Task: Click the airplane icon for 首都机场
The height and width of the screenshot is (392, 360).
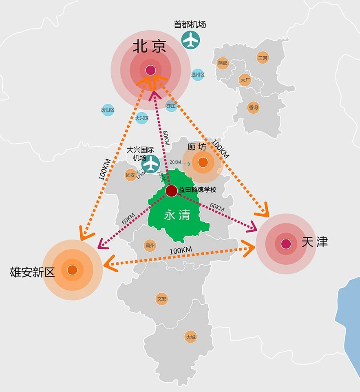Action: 190,40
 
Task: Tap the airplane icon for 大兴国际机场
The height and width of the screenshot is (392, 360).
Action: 152,164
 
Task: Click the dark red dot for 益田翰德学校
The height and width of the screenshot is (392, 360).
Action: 172,190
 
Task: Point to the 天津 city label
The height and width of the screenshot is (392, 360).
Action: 314,242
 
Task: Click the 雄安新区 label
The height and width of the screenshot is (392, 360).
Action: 32,272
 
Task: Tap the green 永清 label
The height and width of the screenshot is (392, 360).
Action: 177,215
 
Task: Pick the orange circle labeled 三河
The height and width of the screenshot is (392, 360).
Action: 263,58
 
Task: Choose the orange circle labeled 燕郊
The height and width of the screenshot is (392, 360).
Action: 223,63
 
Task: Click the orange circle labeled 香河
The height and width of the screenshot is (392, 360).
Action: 253,108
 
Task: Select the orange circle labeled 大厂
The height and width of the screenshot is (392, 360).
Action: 245,80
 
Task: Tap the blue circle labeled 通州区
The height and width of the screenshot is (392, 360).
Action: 198,75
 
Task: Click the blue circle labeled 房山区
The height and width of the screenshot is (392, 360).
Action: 108,110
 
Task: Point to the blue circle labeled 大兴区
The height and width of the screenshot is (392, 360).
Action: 141,118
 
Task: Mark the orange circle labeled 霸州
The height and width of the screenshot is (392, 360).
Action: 150,246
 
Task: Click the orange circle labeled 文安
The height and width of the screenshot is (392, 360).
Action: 162,299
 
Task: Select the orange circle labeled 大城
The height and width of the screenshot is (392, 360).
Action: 190,337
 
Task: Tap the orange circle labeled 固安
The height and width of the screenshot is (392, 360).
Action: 130,175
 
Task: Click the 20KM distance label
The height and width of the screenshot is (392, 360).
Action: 175,162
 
